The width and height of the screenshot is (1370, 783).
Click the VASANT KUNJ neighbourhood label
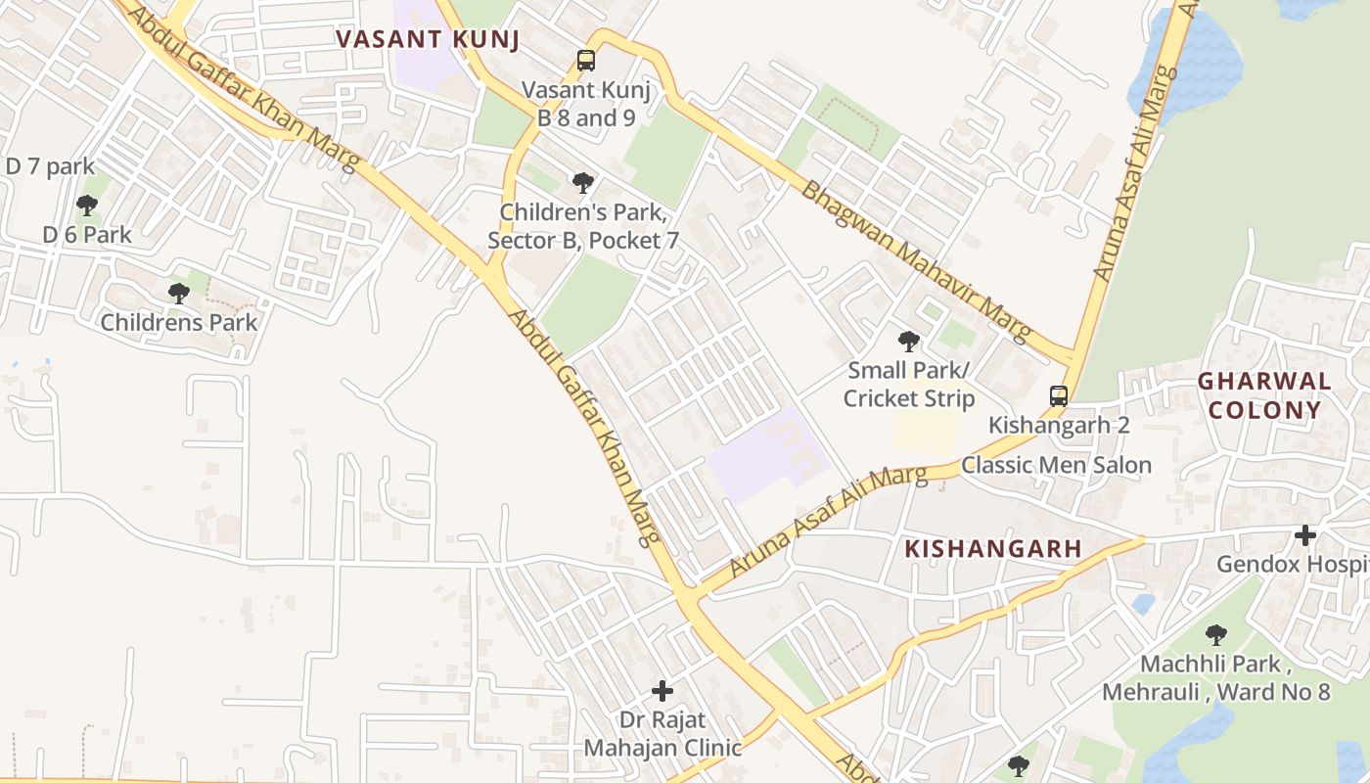coord(426,39)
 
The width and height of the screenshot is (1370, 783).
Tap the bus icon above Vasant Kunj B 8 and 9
coord(585,61)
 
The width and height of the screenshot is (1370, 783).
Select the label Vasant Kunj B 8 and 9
coord(586,104)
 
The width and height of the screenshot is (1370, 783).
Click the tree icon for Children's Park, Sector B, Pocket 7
coord(583,182)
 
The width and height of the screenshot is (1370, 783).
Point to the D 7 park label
coord(50,166)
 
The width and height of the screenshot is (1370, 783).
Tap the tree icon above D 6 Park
coord(87,205)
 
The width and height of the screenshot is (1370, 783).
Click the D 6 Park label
coord(87,235)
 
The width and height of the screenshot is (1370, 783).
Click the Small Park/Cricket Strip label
coord(909,385)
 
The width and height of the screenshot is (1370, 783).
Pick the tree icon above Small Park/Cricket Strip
coord(909,342)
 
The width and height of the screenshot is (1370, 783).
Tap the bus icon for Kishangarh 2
coord(1059,396)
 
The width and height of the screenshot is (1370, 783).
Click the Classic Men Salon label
coord(1056,465)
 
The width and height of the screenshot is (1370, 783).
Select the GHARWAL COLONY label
coord(1264,395)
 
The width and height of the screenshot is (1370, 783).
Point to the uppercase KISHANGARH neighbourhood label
coord(993,549)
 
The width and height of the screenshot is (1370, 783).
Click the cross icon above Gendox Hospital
coord(1304,535)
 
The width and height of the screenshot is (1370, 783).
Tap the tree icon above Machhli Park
coord(1216,635)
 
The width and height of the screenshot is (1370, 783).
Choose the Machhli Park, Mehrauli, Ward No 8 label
coord(1216,678)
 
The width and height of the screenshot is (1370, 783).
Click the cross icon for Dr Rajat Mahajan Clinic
coord(662,691)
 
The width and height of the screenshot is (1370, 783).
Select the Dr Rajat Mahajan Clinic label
coord(662,734)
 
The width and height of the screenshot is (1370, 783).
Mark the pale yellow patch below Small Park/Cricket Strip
coord(926,431)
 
